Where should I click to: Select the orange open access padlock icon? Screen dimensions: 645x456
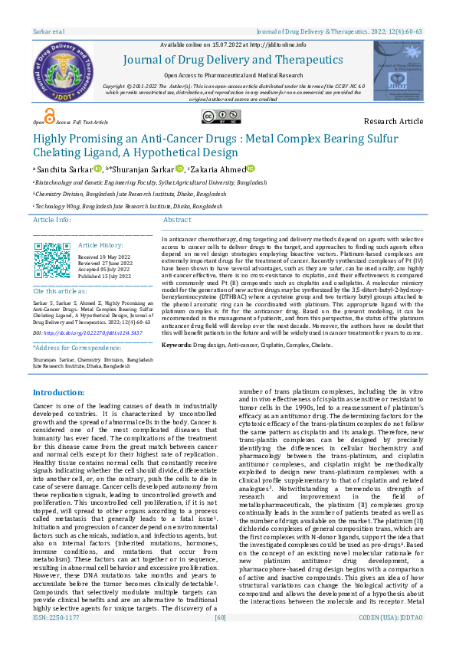click(50, 116)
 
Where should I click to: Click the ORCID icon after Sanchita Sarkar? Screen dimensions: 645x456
click(97, 169)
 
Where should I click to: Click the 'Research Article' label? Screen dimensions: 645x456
click(392, 122)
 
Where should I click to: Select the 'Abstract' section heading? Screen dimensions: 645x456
click(177, 220)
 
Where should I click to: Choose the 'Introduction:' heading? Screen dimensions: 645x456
click(58, 392)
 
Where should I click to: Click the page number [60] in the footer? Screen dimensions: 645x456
click(221, 638)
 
